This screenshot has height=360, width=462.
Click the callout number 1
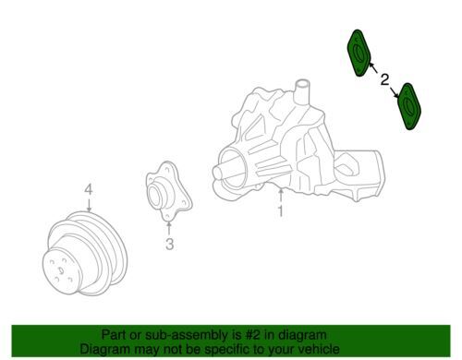(280, 210)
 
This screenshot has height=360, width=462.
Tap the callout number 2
(384, 79)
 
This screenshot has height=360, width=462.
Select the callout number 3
(169, 244)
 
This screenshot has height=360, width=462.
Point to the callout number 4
(89, 189)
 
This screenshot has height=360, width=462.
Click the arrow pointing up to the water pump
(281, 196)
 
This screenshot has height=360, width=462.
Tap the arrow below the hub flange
(168, 228)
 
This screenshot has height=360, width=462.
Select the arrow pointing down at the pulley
(89, 205)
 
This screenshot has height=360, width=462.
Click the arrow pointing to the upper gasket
(373, 67)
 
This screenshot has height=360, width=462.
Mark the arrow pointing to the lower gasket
(395, 92)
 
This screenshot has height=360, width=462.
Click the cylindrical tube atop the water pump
(301, 91)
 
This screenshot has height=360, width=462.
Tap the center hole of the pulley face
(61, 270)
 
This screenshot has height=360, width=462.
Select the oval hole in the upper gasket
(359, 53)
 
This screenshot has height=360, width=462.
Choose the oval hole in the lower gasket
(409, 105)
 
